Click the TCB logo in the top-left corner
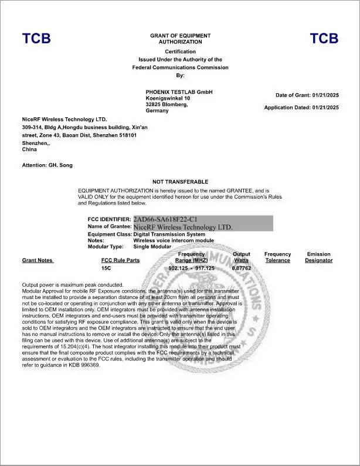pos(36,39)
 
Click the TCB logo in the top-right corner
pos(324,39)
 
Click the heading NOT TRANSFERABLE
pos(180,182)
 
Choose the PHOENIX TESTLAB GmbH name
pos(179,92)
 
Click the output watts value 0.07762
pos(242,268)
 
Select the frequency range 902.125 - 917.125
pos(192,268)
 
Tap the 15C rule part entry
pos(106,268)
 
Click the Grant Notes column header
pos(38,260)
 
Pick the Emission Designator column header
pos(319,257)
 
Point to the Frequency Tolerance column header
pos(277,257)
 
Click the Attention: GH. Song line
pos(47,165)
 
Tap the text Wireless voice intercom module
pos(174,240)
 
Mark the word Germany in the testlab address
pos(157,111)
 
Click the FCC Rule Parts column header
pos(120,260)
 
